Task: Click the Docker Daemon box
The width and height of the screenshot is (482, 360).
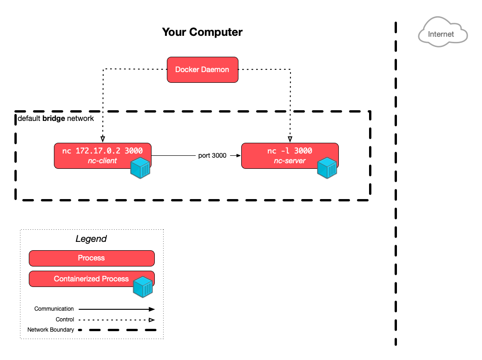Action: pyautogui.click(x=202, y=70)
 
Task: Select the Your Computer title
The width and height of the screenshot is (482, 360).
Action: pyautogui.click(x=202, y=32)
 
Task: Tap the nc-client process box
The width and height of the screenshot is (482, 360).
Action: pyautogui.click(x=93, y=155)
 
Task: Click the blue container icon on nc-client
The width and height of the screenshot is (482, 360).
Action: pyautogui.click(x=140, y=168)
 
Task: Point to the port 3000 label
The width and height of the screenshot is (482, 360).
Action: pyautogui.click(x=212, y=155)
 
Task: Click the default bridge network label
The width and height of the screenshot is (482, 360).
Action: pyautogui.click(x=56, y=119)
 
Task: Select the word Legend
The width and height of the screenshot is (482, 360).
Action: pyautogui.click(x=91, y=239)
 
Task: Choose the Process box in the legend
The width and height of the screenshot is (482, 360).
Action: pyautogui.click(x=92, y=258)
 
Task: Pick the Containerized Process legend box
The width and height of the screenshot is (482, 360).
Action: pyautogui.click(x=84, y=279)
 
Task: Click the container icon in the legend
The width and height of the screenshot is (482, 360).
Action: pyautogui.click(x=143, y=287)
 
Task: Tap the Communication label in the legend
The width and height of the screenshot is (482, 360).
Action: pyautogui.click(x=54, y=308)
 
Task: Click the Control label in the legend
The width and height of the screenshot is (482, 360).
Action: pyautogui.click(x=65, y=320)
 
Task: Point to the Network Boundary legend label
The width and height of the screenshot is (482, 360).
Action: pyautogui.click(x=50, y=330)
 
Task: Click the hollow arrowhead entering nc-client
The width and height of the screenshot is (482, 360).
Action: pyautogui.click(x=103, y=139)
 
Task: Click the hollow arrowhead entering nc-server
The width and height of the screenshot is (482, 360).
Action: pyautogui.click(x=291, y=139)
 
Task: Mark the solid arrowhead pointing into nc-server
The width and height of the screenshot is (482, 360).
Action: pyautogui.click(x=238, y=155)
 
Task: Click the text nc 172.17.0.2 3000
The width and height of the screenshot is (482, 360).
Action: pyautogui.click(x=102, y=151)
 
